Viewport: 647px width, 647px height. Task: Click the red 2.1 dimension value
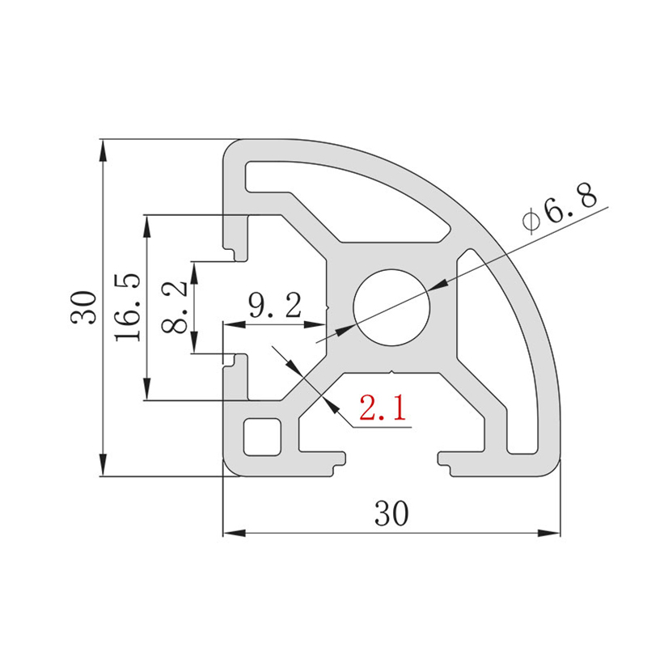click(x=383, y=408)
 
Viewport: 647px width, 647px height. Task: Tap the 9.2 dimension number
click(x=275, y=306)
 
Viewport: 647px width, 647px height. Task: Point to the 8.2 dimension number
click(x=174, y=307)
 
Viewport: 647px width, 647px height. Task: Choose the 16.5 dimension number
click(x=128, y=307)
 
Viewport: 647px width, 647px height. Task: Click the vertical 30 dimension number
click(x=83, y=307)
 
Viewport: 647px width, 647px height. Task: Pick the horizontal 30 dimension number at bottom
click(x=391, y=514)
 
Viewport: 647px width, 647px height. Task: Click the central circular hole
click(x=391, y=307)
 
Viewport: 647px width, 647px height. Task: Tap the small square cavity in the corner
click(x=262, y=437)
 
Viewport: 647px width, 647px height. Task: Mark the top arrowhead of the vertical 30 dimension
click(x=104, y=150)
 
